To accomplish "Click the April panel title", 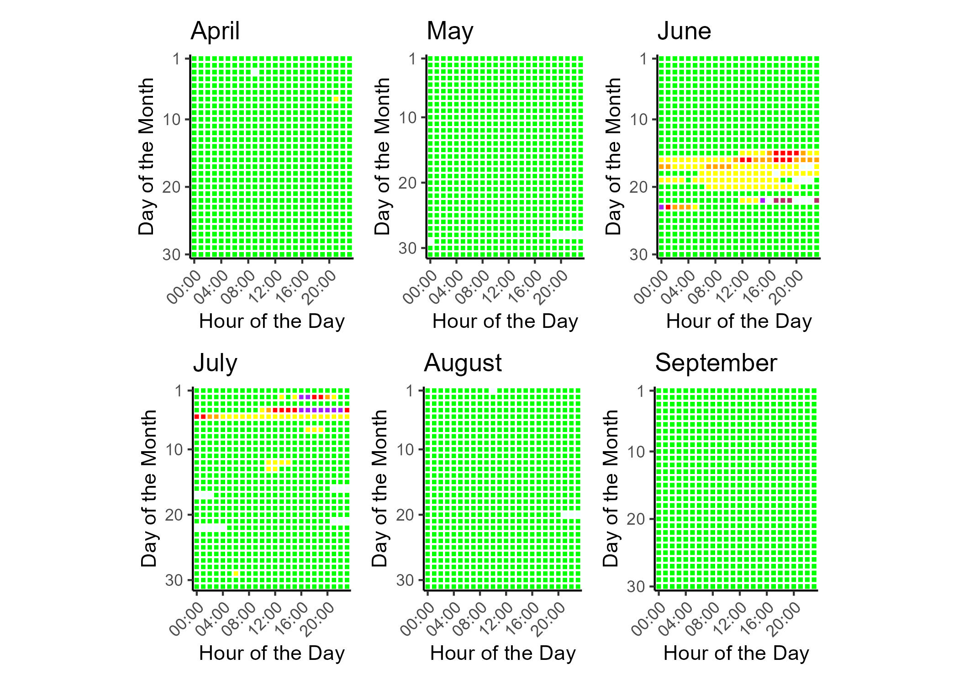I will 215,31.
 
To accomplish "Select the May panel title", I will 450,31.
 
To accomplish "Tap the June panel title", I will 684,31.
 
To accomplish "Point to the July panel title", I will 215,363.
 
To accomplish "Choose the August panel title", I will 463,363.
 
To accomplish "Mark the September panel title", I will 716,363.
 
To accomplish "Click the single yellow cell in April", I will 336,99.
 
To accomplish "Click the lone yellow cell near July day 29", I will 236,574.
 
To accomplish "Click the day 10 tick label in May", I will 408,118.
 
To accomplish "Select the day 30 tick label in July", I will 174,580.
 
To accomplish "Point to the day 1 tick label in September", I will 643,391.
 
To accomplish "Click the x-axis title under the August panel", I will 503,653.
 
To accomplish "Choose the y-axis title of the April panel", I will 147,156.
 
